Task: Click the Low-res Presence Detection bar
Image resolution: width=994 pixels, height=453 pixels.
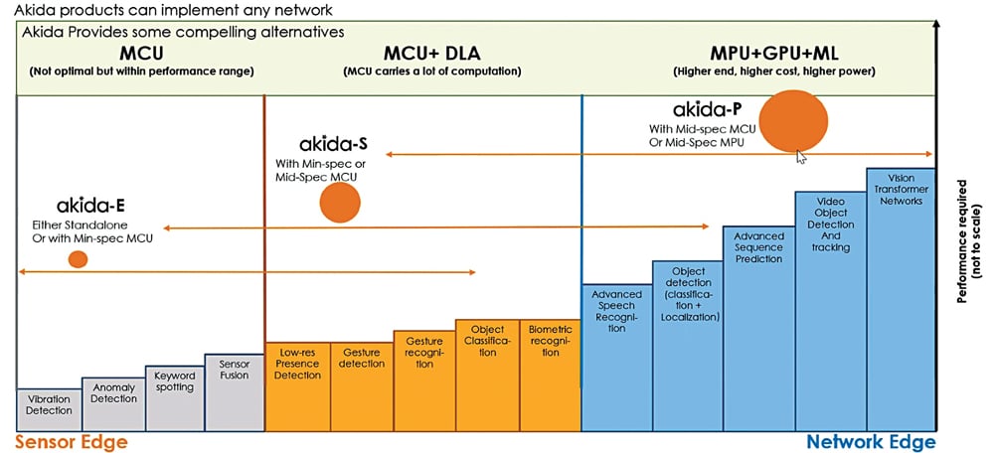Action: click(x=298, y=386)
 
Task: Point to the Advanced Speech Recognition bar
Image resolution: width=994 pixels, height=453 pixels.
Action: click(x=616, y=357)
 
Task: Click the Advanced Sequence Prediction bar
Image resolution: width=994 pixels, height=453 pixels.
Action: click(x=759, y=328)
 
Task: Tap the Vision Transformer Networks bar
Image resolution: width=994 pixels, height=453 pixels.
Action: click(x=901, y=299)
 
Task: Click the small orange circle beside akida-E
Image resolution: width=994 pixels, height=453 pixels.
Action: click(x=78, y=259)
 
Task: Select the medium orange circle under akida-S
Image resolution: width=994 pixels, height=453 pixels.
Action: click(x=339, y=203)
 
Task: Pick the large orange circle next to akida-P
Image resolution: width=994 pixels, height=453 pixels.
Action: click(x=793, y=120)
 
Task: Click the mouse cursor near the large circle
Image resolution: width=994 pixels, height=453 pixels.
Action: click(x=800, y=154)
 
